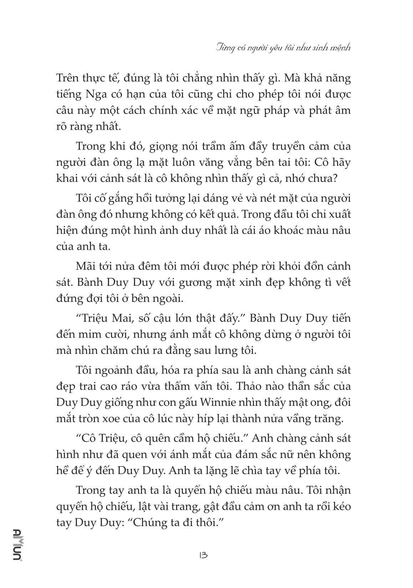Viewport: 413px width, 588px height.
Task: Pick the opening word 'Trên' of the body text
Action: point(68,78)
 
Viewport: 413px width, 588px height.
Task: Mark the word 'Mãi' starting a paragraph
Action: point(85,266)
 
